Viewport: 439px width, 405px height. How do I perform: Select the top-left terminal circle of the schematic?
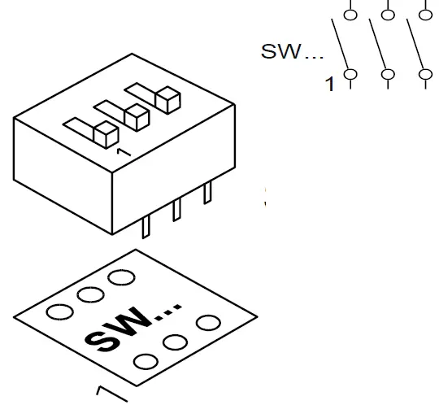(x=351, y=13)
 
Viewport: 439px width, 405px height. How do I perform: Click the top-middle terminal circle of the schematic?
(x=388, y=13)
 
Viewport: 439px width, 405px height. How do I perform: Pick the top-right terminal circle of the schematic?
(x=424, y=13)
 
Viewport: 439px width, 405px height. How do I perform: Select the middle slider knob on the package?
(x=136, y=117)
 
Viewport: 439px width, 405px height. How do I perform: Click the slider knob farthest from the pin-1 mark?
(x=167, y=100)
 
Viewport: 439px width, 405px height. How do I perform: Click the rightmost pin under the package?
(x=207, y=194)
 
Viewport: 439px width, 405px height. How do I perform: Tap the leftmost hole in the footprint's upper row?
(x=59, y=311)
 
